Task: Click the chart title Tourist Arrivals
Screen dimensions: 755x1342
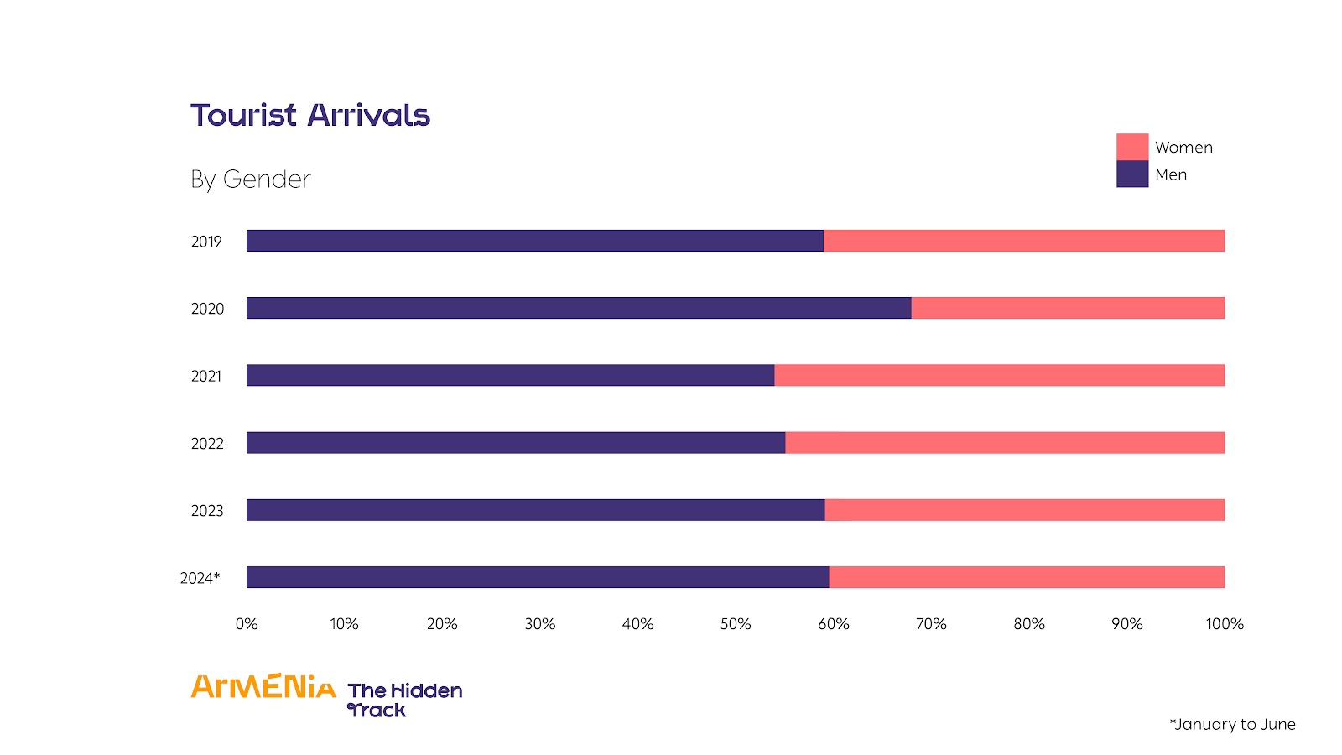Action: click(309, 115)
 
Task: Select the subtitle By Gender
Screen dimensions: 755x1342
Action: click(250, 179)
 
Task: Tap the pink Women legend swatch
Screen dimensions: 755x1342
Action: click(1131, 147)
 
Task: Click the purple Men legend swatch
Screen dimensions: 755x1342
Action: click(1131, 174)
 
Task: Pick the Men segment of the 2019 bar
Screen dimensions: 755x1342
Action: click(534, 241)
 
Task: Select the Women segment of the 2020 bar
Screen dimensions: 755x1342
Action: click(1067, 308)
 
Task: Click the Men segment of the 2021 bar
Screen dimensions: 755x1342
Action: click(510, 375)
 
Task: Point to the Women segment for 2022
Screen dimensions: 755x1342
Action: click(1004, 442)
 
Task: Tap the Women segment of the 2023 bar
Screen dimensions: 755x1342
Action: click(1024, 510)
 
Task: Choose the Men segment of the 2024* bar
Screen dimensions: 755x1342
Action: click(537, 577)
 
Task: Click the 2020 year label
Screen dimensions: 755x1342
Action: click(207, 309)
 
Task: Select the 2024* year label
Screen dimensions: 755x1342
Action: click(200, 578)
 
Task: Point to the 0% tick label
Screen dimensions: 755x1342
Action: click(247, 624)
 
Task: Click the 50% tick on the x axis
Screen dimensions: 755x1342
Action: click(736, 624)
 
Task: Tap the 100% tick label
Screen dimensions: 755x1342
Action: click(1225, 624)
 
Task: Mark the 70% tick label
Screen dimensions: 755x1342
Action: click(931, 624)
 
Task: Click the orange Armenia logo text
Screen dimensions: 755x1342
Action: click(263, 687)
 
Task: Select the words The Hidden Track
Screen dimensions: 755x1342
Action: click(404, 700)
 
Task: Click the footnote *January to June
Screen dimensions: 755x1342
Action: click(1232, 724)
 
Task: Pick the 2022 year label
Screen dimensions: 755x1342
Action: click(207, 444)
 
